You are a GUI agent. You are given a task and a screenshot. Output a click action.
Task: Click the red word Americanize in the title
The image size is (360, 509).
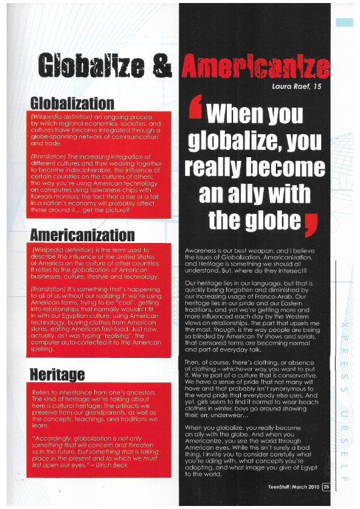coord(257,66)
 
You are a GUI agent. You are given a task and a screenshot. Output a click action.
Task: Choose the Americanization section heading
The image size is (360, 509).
coord(82,235)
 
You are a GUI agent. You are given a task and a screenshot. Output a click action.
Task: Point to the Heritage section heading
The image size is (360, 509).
coord(57,374)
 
